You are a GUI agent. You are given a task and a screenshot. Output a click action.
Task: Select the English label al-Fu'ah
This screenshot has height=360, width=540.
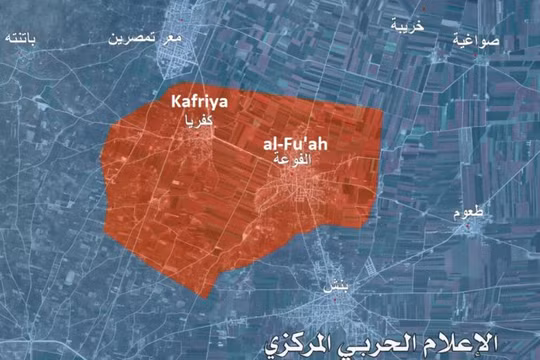pyautogui.click(x=296, y=145)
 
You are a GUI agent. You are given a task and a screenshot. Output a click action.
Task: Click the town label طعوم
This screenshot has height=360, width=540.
pyautogui.click(x=469, y=213)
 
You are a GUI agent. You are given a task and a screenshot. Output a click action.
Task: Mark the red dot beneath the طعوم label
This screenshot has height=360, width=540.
pyautogui.click(x=467, y=225)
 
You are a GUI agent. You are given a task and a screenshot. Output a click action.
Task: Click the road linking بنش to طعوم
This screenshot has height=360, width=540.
pyautogui.click(x=400, y=256)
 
